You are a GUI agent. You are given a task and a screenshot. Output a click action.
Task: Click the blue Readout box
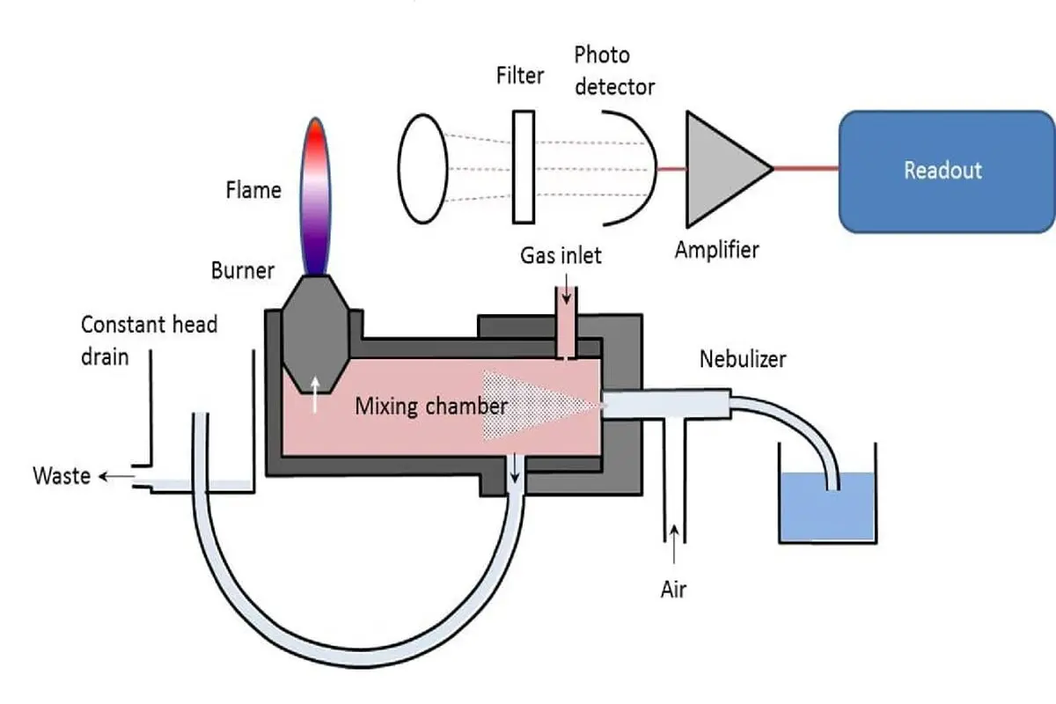[x=947, y=172]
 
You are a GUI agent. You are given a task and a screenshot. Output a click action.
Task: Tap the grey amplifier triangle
[x=722, y=169]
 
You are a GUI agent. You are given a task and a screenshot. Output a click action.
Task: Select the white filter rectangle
[x=524, y=167]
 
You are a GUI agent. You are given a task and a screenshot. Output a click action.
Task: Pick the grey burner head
[x=316, y=334]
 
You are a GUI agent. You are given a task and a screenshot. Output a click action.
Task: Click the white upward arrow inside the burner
[x=315, y=394]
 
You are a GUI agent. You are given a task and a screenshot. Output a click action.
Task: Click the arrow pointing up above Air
[x=675, y=544]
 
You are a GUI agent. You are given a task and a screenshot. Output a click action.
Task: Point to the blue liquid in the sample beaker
[x=828, y=506]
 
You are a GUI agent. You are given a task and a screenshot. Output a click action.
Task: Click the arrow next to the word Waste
[x=116, y=476]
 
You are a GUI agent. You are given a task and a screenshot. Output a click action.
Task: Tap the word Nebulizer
[x=743, y=359]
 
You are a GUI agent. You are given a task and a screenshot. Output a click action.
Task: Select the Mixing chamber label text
[x=431, y=407]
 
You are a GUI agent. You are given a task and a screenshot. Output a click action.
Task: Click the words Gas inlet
[x=561, y=255]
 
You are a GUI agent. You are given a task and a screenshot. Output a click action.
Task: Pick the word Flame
[x=253, y=190]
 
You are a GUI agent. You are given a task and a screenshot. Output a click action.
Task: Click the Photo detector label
[x=614, y=71]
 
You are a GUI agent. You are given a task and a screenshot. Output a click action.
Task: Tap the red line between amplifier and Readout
[x=806, y=168]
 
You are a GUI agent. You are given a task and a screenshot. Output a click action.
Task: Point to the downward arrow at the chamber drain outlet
[x=515, y=468]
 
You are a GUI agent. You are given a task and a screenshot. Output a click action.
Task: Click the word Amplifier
[x=716, y=250]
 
